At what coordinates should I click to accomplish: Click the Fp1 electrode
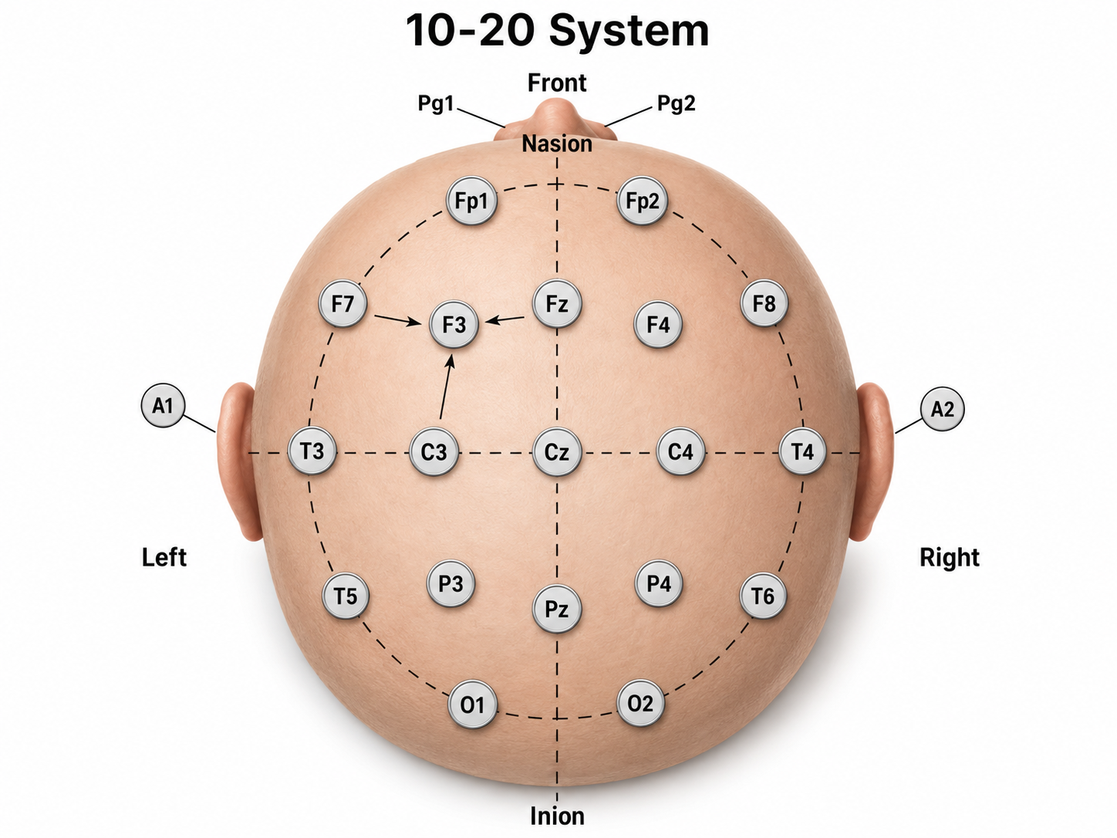471,201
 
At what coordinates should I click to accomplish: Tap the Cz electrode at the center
557,452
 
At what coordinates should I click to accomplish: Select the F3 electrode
454,324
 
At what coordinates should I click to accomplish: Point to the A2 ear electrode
943,408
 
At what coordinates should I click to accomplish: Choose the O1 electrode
472,705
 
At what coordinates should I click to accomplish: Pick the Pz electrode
557,609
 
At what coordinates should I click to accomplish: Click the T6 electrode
763,595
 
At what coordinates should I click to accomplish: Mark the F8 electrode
764,303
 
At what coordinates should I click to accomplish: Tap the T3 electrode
312,451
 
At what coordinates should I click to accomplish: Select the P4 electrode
659,583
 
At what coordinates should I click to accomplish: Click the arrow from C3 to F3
445,387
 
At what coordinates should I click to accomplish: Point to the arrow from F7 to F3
398,319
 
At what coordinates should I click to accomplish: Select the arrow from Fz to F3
505,319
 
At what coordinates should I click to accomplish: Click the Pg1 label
436,103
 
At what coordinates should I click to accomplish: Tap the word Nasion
557,144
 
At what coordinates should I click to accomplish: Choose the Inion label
557,816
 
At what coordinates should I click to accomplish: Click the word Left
164,557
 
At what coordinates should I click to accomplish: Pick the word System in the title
629,32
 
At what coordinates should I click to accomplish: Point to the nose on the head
555,118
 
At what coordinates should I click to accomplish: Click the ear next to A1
238,461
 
